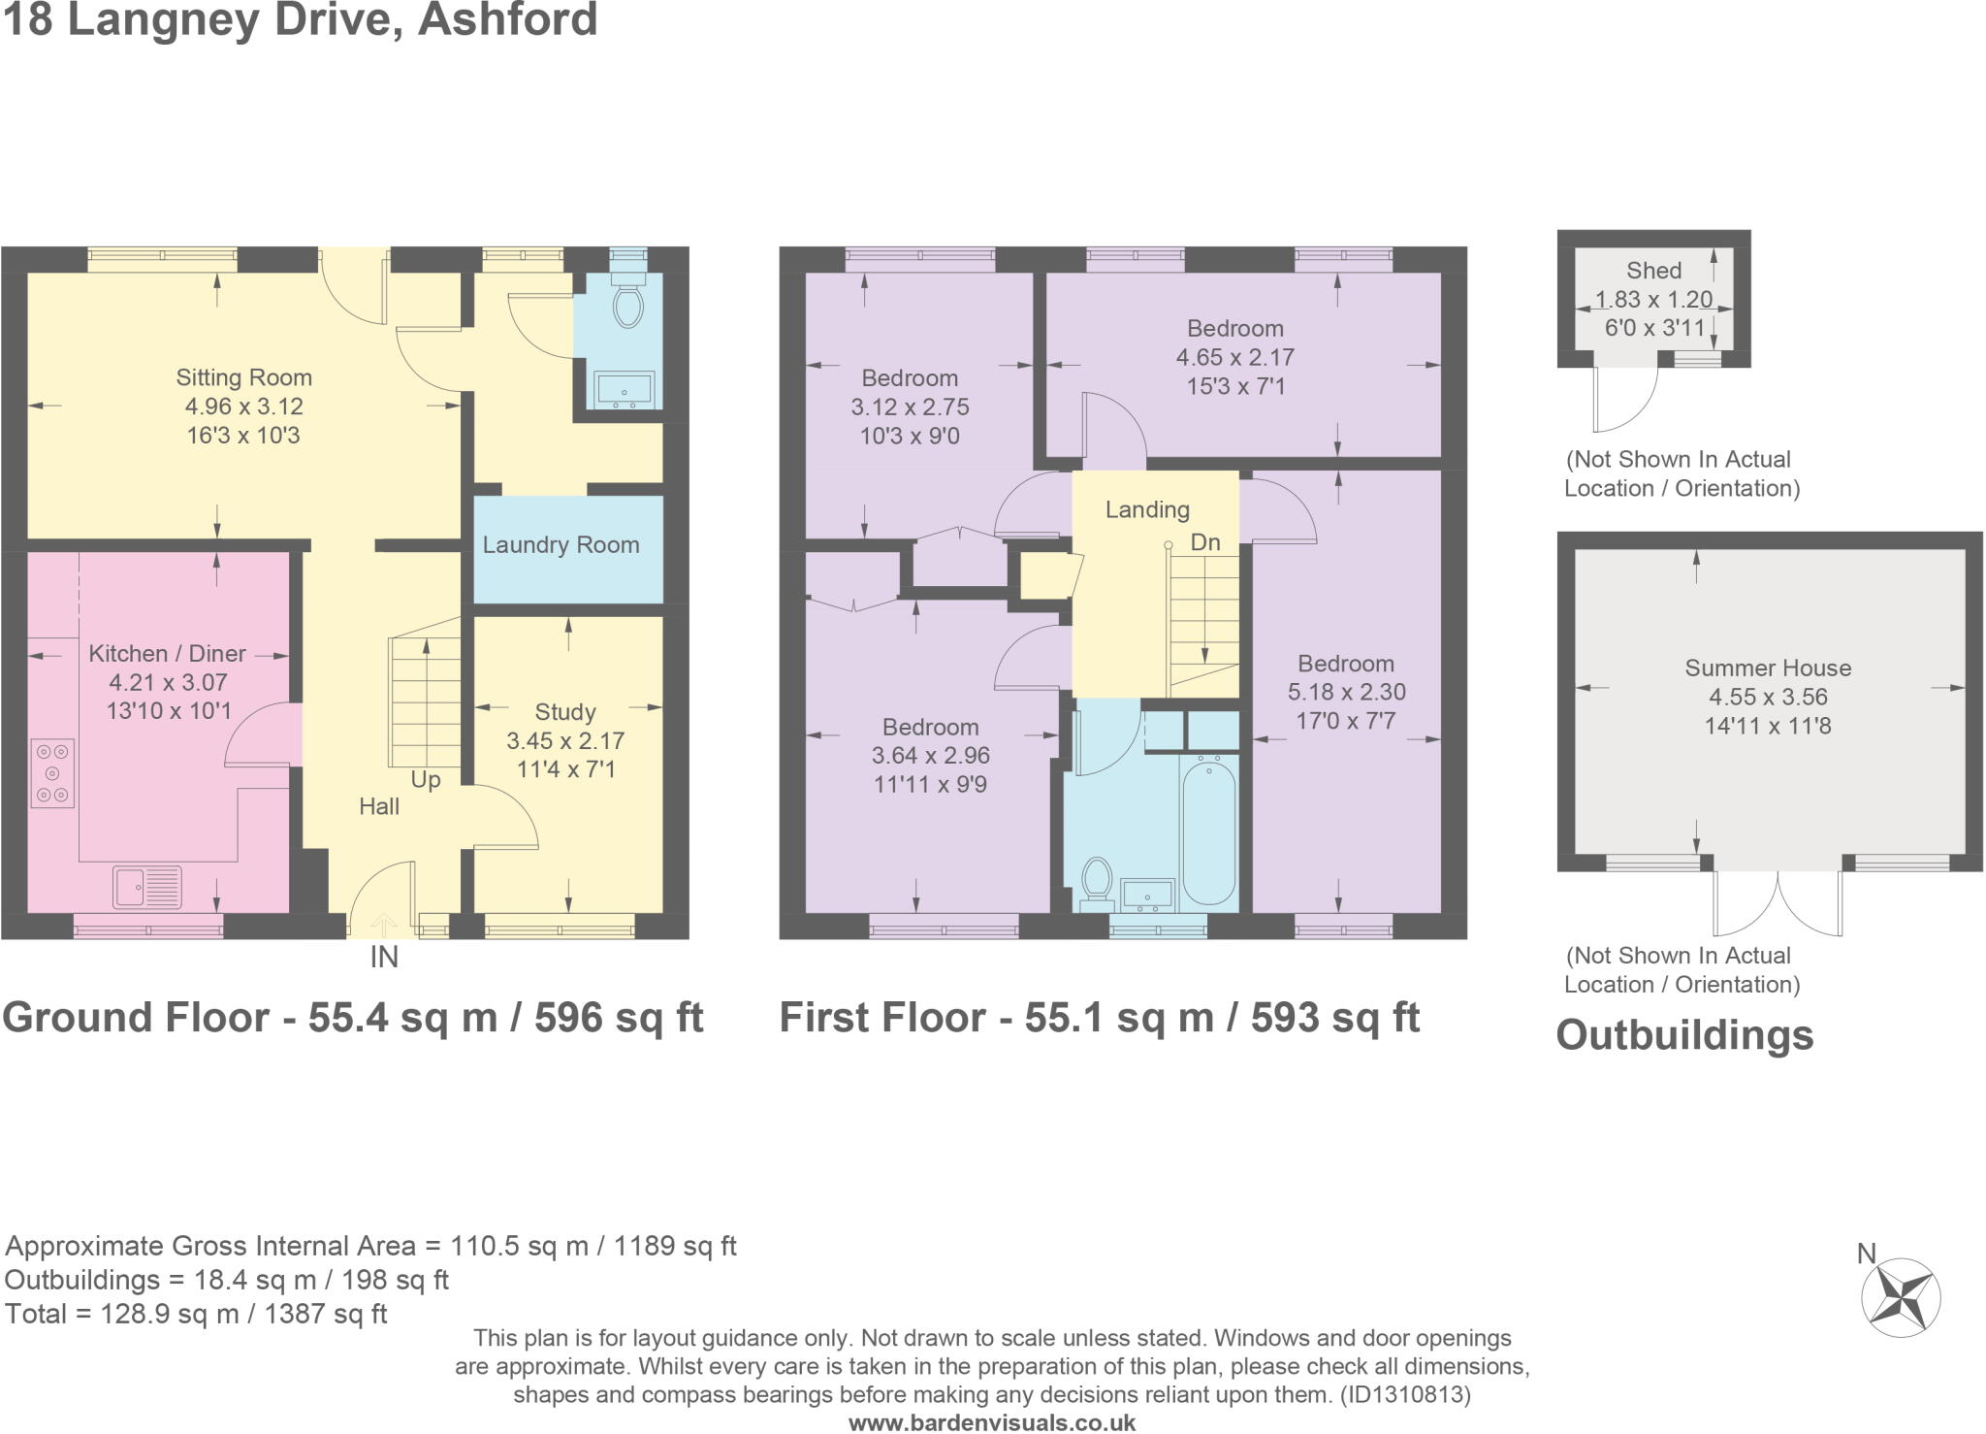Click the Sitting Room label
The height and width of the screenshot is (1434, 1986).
pyautogui.click(x=243, y=377)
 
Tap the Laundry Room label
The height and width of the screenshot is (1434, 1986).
pyautogui.click(x=561, y=545)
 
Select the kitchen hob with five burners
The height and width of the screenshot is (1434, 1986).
pyautogui.click(x=52, y=773)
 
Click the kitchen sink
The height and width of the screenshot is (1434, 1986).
pyautogui.click(x=147, y=886)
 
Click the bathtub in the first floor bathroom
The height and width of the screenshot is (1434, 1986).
pyautogui.click(x=1208, y=831)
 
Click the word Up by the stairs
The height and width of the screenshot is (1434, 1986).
pyautogui.click(x=426, y=780)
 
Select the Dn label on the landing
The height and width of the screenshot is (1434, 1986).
pyautogui.click(x=1205, y=542)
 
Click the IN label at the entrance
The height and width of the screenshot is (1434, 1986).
pyautogui.click(x=384, y=958)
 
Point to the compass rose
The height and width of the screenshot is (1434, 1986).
pyautogui.click(x=1900, y=1298)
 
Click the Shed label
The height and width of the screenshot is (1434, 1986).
pyautogui.click(x=1654, y=271)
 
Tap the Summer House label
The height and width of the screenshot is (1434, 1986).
pyautogui.click(x=1768, y=668)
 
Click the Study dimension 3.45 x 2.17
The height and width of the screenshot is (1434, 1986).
pyautogui.click(x=565, y=741)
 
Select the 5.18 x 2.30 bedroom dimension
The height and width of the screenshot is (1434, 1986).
pyautogui.click(x=1346, y=693)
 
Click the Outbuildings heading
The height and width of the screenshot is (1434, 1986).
pyautogui.click(x=1684, y=1035)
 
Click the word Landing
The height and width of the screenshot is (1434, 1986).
pyautogui.click(x=1147, y=510)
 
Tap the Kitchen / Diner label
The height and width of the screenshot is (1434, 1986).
pyautogui.click(x=167, y=654)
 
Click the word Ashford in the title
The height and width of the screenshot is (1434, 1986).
pyautogui.click(x=507, y=19)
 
